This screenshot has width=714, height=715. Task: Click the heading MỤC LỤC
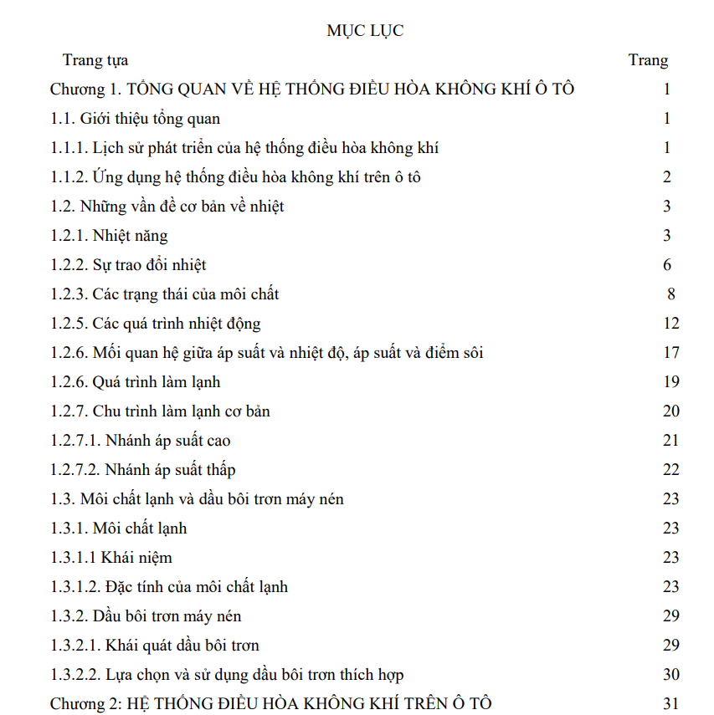click(365, 31)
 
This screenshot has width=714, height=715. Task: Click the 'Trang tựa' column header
click(95, 60)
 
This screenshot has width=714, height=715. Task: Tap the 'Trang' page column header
click(648, 60)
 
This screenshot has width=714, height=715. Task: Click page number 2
click(667, 177)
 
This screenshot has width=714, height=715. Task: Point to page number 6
click(667, 265)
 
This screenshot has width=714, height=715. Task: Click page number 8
click(671, 294)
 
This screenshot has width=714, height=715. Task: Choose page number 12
click(670, 324)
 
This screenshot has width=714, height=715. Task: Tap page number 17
click(670, 353)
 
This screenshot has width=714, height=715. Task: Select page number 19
click(670, 382)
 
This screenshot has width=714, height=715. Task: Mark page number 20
click(670, 411)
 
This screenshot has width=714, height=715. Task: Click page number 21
click(670, 441)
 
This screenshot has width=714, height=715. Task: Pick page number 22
click(670, 470)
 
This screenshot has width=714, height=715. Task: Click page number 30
click(670, 675)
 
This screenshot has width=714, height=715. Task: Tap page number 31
click(670, 704)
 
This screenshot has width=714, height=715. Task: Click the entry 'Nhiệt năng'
click(131, 236)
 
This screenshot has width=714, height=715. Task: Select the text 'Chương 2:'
click(86, 704)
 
